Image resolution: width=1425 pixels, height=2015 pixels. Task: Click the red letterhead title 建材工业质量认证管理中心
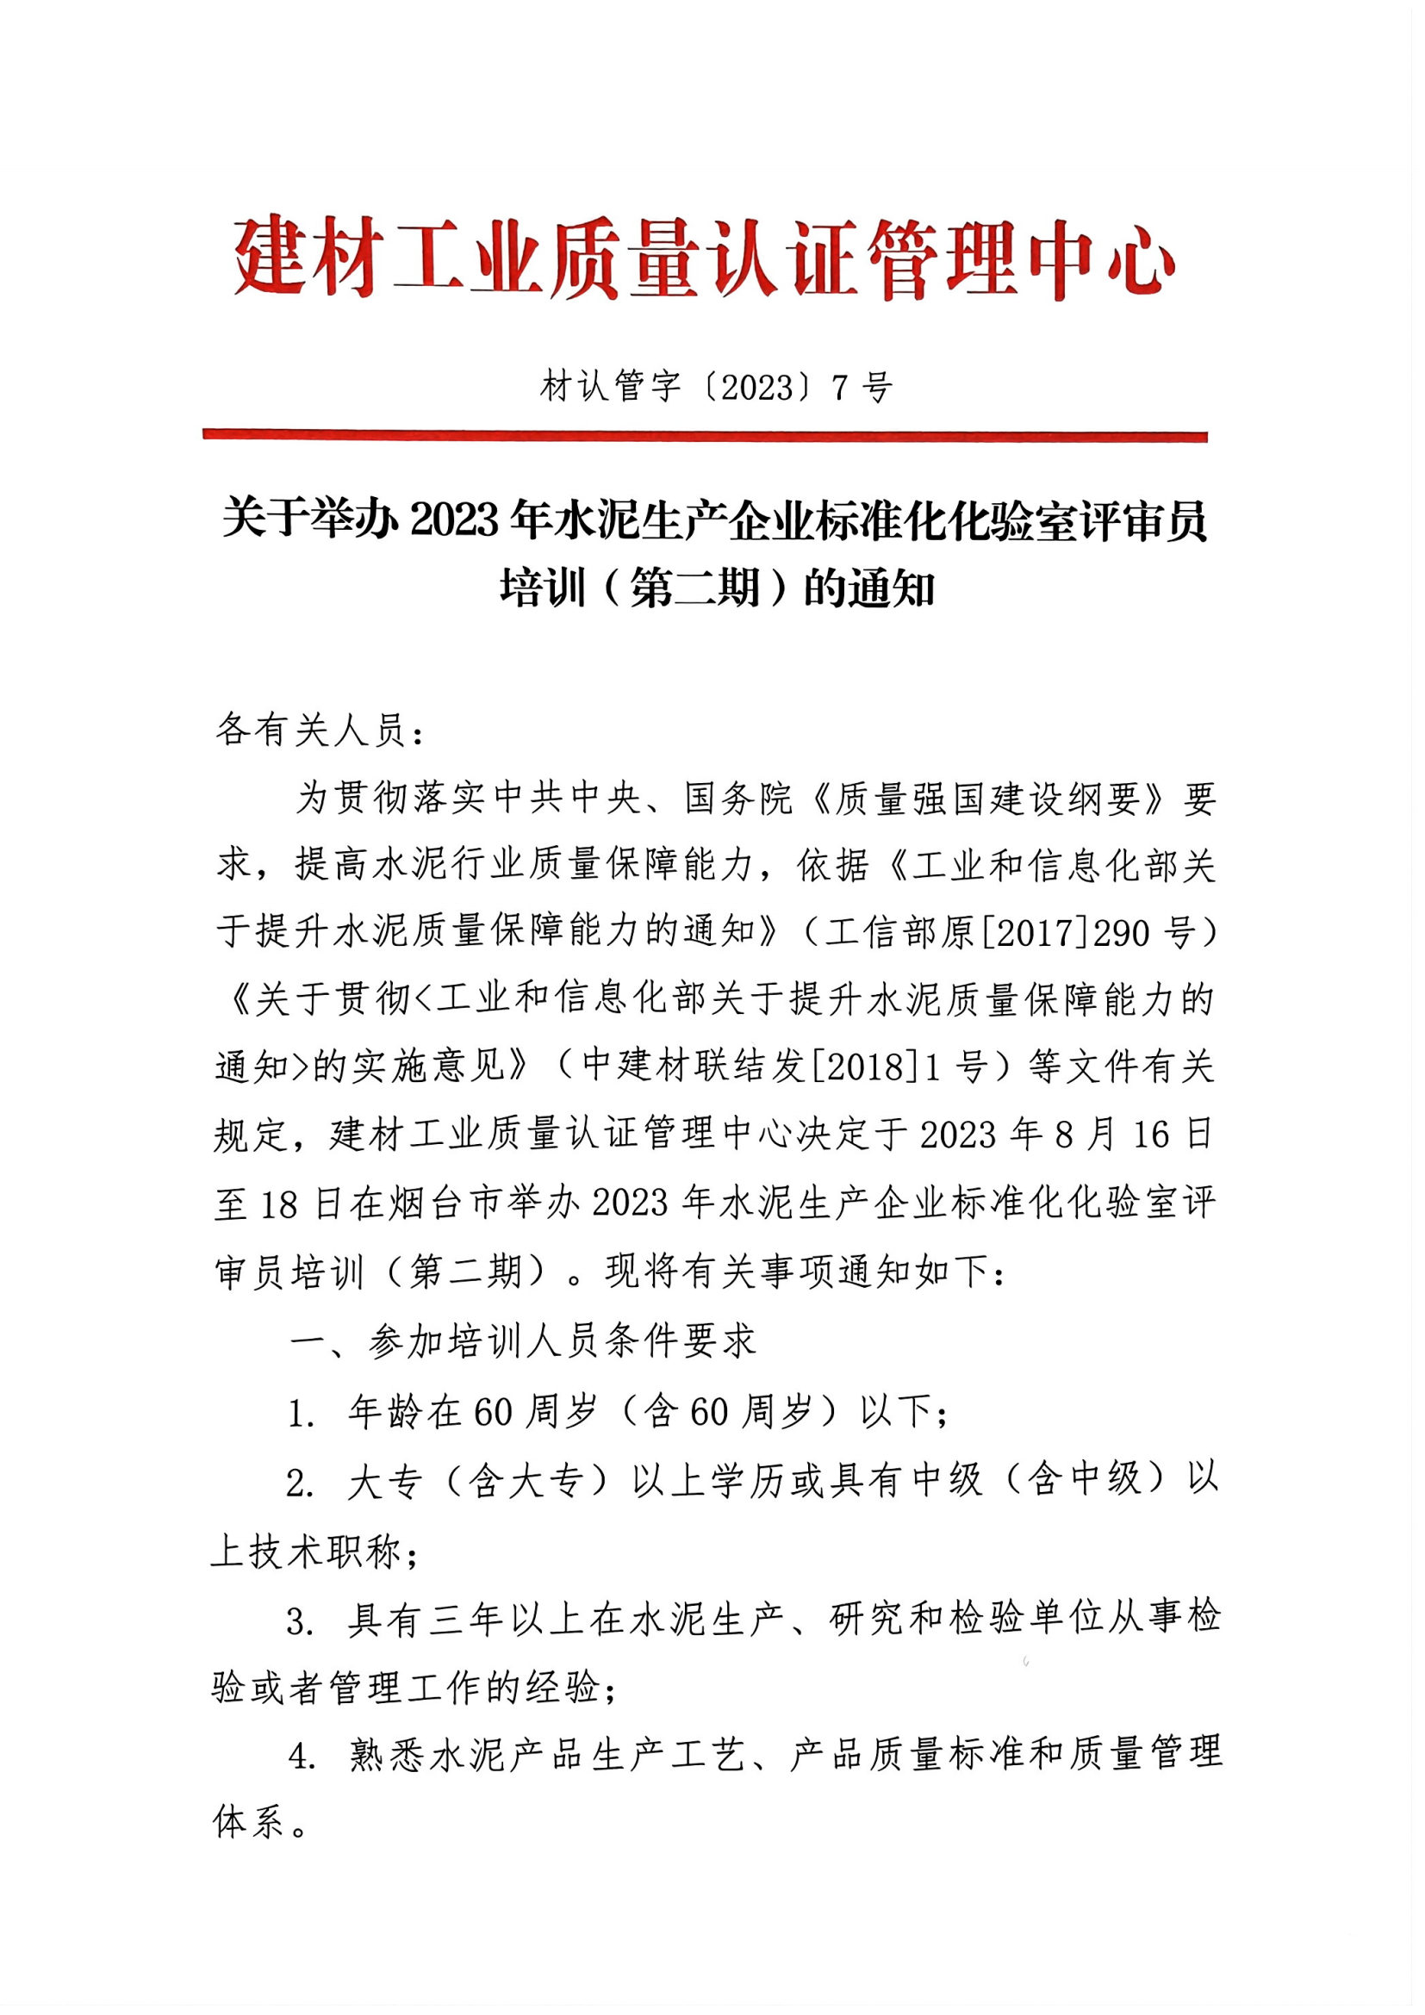tap(704, 257)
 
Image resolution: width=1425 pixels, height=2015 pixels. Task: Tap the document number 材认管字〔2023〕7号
tap(716, 387)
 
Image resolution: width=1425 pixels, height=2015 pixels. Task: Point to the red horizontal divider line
tap(705, 435)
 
